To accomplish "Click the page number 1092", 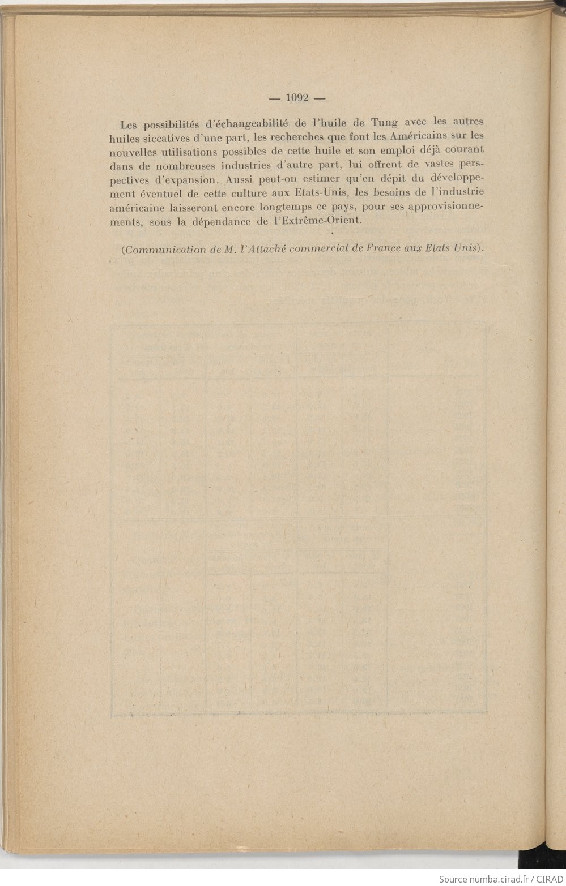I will point(297,97).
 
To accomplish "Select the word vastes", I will point(437,164).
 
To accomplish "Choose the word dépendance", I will point(222,222).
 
